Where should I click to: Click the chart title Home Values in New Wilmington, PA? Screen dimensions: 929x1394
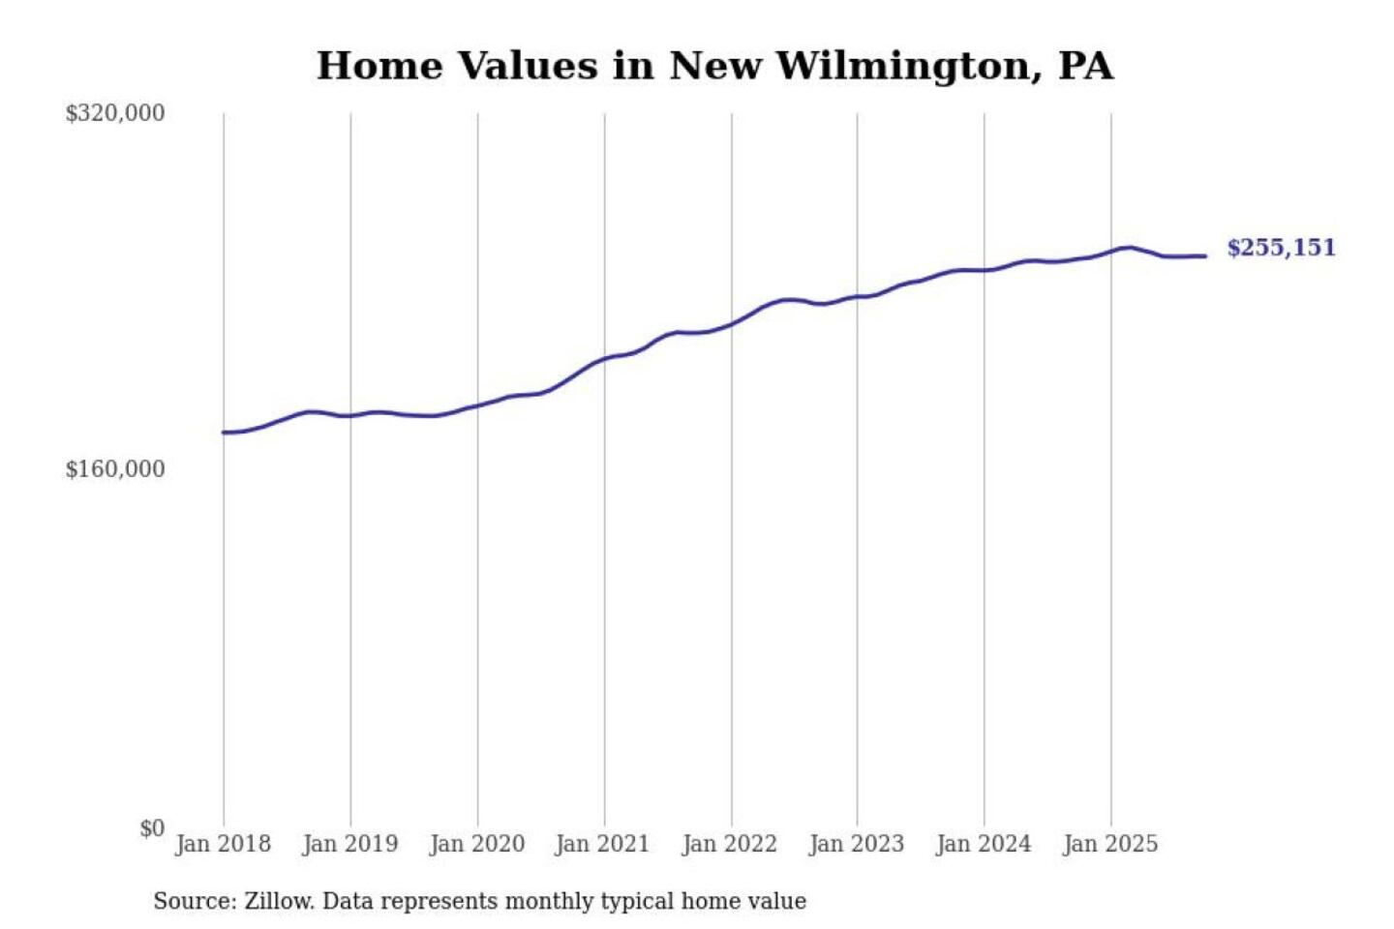714,66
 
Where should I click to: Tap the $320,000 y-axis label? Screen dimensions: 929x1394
115,113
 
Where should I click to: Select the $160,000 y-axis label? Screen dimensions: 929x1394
115,469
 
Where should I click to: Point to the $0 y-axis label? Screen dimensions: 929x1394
152,828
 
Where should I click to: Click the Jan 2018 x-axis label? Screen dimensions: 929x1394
223,844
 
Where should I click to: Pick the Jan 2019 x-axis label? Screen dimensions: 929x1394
349,844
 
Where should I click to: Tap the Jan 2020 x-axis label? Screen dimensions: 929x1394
476,844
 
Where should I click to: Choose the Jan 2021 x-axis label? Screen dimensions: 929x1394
602,844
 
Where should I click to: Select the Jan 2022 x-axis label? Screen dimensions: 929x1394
729,844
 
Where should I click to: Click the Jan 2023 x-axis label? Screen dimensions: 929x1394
856,844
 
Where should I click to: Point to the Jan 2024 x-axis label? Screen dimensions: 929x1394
983,844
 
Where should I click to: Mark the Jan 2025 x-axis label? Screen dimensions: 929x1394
1109,844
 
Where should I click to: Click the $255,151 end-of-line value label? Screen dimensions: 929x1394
1281,248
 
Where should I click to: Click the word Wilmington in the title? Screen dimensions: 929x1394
905,66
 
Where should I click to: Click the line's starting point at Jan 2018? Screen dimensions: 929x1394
224,432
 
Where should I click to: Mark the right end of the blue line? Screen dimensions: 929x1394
1205,255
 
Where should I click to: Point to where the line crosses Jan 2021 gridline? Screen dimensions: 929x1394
605,359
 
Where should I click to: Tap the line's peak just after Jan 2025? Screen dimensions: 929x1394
1127,248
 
